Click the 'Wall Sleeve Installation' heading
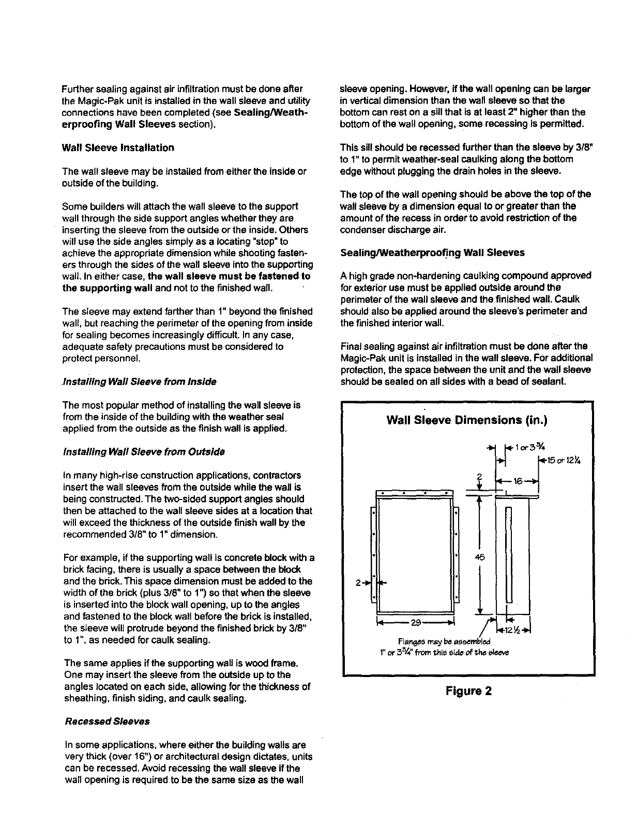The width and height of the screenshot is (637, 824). pos(118,148)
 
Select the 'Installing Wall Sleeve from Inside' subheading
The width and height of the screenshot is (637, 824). pos(139,381)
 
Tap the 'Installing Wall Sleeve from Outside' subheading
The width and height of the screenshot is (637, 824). pos(143,452)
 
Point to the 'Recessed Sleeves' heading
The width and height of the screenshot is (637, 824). pos(107,721)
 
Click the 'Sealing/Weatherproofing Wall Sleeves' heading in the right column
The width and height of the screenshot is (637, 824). pos(432,253)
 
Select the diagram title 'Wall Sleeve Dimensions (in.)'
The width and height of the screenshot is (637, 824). pos(467,420)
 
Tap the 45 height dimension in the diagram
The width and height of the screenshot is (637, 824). pos(478,557)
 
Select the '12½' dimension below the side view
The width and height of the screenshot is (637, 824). pos(517,630)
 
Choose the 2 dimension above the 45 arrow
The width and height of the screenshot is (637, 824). pos(479,477)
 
